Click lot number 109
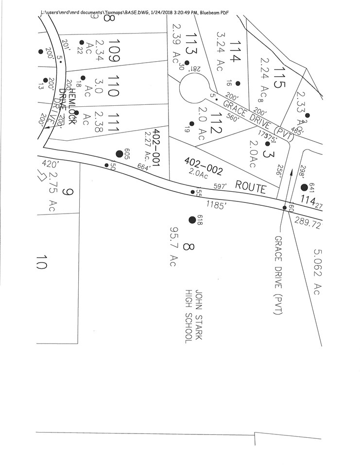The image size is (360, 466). pos(114,50)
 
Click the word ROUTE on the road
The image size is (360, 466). pos(251,186)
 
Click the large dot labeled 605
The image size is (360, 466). pos(119,154)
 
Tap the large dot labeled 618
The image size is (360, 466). pos(192,219)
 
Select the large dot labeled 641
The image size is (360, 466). pos(304,187)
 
